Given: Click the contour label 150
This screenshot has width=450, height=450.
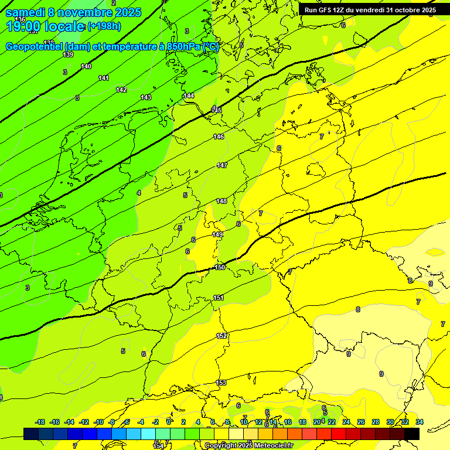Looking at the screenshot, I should (x=220, y=267).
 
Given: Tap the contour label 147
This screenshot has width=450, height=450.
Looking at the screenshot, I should (x=222, y=165).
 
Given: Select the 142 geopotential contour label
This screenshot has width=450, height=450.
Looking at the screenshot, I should (x=121, y=90).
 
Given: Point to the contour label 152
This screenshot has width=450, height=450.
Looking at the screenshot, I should (x=221, y=336).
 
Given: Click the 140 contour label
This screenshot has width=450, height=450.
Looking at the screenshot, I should (x=86, y=66).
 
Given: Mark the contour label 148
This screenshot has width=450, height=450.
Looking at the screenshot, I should (x=221, y=201).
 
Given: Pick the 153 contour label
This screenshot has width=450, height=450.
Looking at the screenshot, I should (x=221, y=383).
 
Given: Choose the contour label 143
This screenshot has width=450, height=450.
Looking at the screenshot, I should (x=146, y=97).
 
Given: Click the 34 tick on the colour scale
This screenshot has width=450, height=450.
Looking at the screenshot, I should (x=420, y=422).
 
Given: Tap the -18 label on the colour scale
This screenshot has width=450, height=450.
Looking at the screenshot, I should (x=40, y=422).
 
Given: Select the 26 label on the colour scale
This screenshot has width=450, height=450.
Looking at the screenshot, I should (x=360, y=422).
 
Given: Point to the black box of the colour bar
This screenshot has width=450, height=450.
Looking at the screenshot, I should (x=412, y=434).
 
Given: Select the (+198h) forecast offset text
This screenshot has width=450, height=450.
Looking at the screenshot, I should (x=104, y=26).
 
